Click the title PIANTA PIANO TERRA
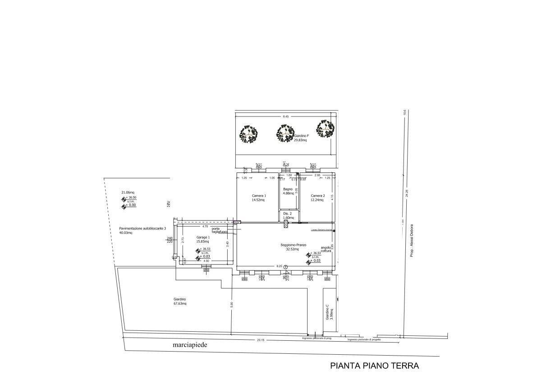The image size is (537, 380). coord(374,366)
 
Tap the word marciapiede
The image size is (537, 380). coord(191,345)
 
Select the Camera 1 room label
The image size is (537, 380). coord(259,195)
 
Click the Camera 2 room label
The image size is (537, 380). coord(317,195)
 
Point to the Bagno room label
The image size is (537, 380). coord(288,189)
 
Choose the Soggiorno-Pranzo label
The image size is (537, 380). coord(293,245)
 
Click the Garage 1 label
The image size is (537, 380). coord(203,237)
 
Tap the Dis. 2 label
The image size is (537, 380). coord(288,213)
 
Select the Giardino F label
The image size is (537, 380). coord(301,136)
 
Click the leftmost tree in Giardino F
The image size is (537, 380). coord(248,134)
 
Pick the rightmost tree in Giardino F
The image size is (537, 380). coord(326,129)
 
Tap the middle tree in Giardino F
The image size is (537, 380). coord(286,134)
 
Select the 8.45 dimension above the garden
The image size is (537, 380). coord(285,116)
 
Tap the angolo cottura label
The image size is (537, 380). coord(326,249)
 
